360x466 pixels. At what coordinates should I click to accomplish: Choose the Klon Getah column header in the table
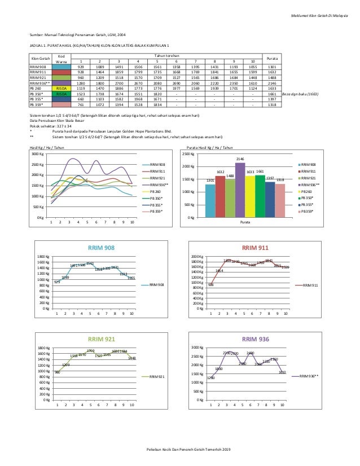tap(41, 59)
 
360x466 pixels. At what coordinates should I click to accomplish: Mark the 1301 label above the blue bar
tap(210, 181)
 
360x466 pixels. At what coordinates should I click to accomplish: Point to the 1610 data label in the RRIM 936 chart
tap(282, 372)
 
